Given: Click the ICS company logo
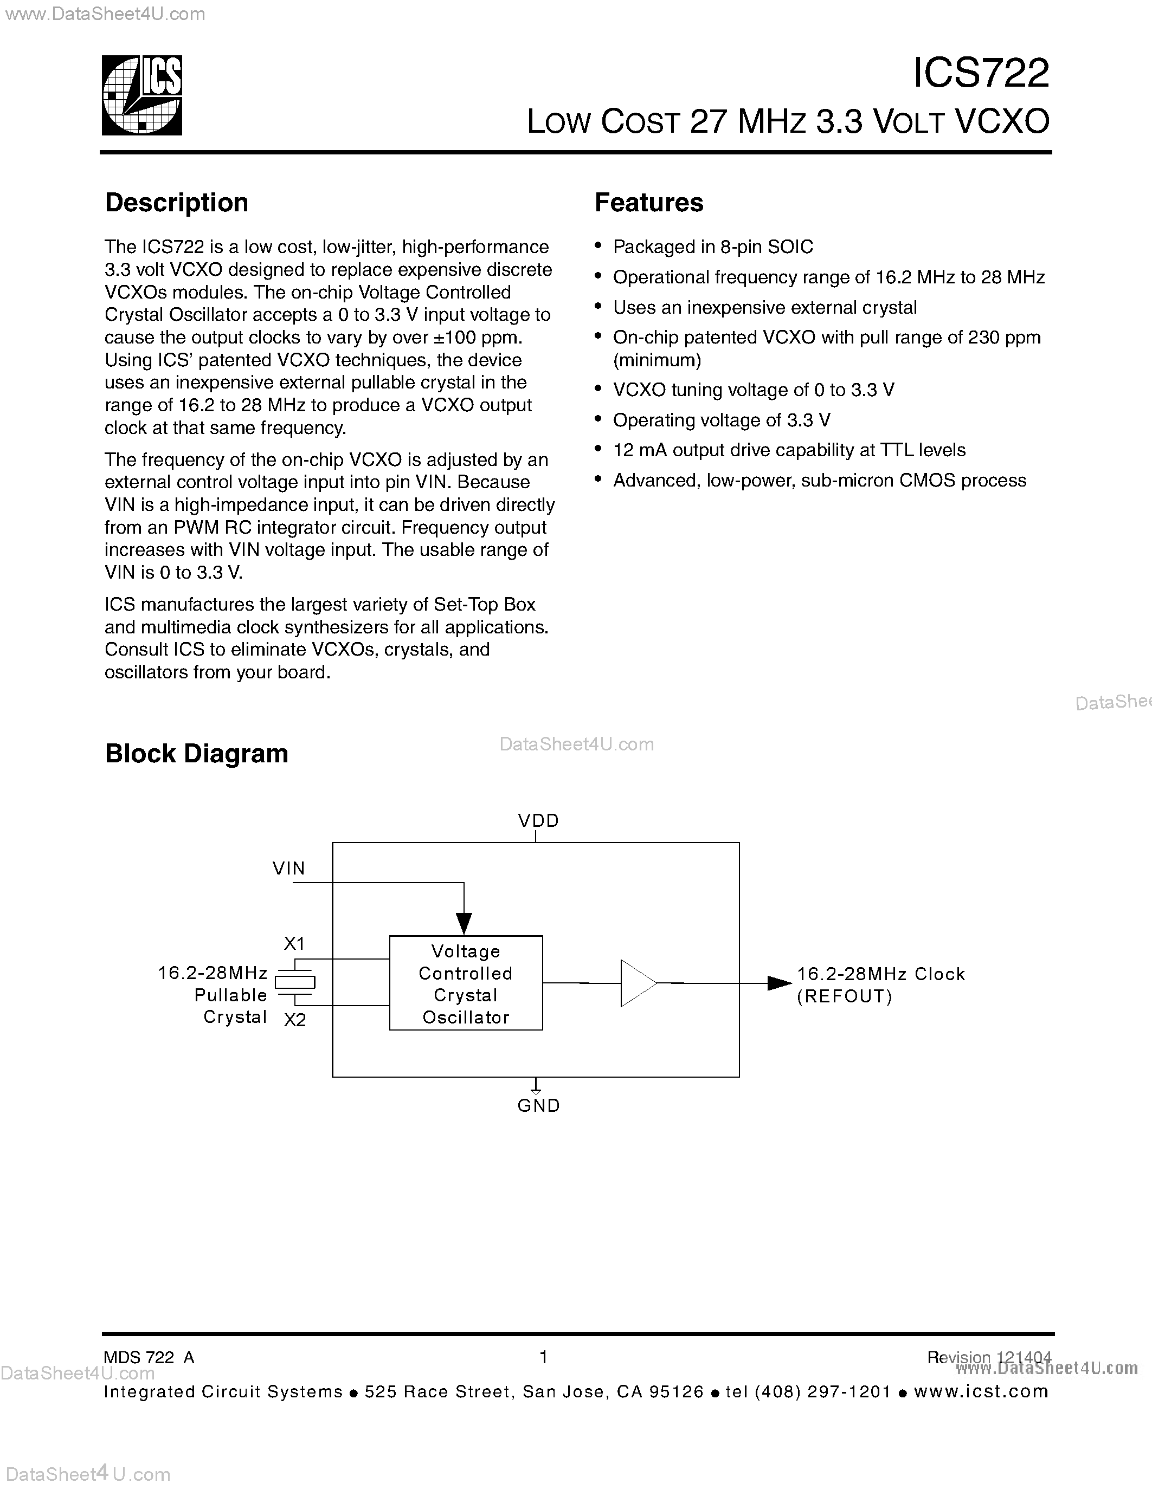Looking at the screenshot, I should point(142,95).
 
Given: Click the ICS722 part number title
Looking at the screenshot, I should point(981,73).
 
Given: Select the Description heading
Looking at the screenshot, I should point(176,203).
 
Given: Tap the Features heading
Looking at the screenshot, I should point(648,203).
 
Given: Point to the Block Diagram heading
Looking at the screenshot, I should point(197,753).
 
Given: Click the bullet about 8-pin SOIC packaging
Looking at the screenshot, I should point(712,247).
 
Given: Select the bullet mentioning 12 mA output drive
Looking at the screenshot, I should point(789,450).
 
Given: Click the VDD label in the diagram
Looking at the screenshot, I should point(538,821).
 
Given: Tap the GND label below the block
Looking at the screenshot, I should point(538,1105).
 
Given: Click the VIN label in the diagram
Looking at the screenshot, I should point(289,869).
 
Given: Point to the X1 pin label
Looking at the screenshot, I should point(294,943).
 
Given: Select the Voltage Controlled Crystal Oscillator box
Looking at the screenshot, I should point(466,983).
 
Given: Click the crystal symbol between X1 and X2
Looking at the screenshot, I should point(295,982).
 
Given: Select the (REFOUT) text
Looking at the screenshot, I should point(845,997).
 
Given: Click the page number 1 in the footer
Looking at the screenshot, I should point(543,1357).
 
